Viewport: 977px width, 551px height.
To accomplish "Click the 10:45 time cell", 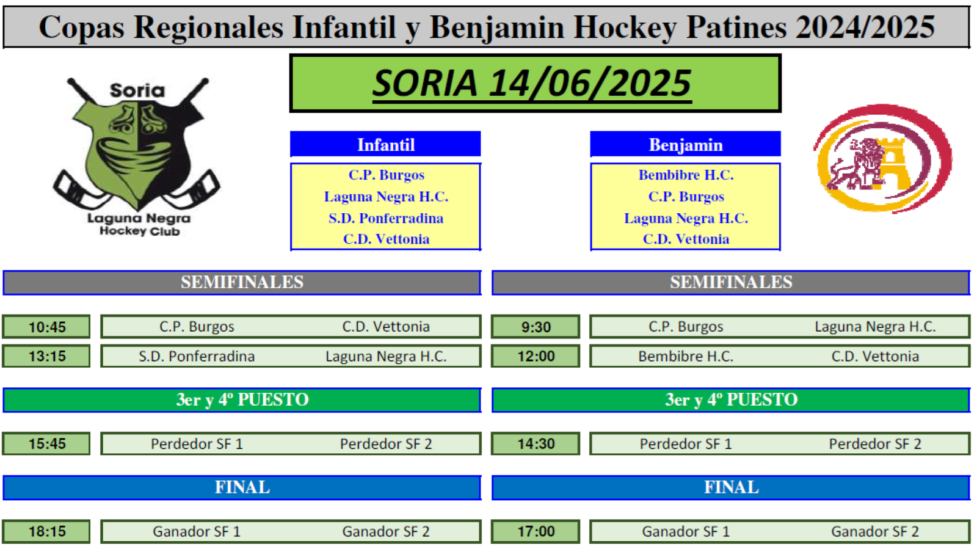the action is (x=46, y=326).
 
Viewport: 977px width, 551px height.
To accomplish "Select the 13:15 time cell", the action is (x=46, y=356).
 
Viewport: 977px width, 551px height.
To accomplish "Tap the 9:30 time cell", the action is (x=536, y=326).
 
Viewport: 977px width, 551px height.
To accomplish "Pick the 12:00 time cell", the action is (x=536, y=356).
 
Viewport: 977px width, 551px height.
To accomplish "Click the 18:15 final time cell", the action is (x=46, y=531).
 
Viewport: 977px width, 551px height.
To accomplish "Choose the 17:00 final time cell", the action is (x=536, y=531).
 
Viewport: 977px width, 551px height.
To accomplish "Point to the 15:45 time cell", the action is (x=46, y=443).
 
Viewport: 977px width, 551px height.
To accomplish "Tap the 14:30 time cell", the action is (x=536, y=443).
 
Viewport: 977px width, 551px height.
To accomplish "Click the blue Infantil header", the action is (x=385, y=144).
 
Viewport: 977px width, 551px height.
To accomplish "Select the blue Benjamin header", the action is (x=686, y=144).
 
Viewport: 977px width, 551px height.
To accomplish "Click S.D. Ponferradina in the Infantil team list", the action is (x=386, y=218).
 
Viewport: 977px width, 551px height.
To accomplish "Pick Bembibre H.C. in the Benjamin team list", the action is (x=686, y=175).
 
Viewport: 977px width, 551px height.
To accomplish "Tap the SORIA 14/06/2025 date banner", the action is (x=536, y=83).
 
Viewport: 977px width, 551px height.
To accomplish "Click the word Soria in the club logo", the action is (x=137, y=90).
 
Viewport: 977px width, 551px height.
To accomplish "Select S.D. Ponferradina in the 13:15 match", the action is (x=197, y=356).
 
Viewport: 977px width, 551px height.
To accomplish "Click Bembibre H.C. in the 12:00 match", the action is (x=686, y=356).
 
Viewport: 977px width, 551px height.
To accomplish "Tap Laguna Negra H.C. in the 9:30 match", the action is (x=876, y=327).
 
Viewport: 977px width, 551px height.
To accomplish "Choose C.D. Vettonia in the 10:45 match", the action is (x=386, y=327).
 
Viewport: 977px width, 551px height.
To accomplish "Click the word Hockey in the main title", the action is (x=625, y=27).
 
